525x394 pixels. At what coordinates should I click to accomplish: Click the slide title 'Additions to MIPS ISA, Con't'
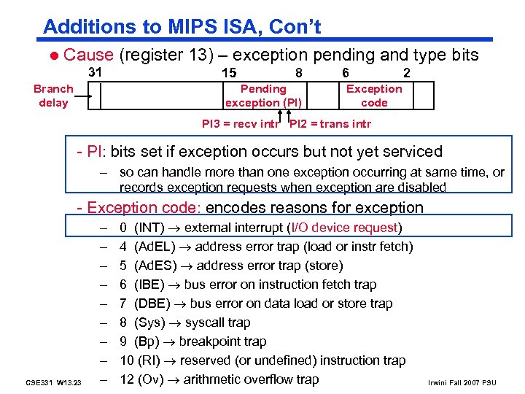pyautogui.click(x=182, y=27)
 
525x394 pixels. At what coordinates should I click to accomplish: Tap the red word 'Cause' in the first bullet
pyautogui.click(x=88, y=55)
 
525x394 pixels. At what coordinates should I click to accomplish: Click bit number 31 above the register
pyautogui.click(x=95, y=72)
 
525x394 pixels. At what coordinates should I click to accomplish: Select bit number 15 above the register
pyautogui.click(x=228, y=73)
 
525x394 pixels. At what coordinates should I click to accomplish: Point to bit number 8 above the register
pyautogui.click(x=299, y=73)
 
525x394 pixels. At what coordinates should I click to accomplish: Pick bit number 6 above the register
pyautogui.click(x=346, y=73)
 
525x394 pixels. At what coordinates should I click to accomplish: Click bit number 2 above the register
pyautogui.click(x=406, y=73)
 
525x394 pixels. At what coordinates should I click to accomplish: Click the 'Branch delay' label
pyautogui.click(x=53, y=96)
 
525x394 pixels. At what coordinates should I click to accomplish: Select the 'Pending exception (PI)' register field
pyautogui.click(x=263, y=96)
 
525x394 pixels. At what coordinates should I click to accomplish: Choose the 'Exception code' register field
pyautogui.click(x=374, y=96)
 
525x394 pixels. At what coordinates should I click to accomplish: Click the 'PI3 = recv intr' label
pyautogui.click(x=241, y=123)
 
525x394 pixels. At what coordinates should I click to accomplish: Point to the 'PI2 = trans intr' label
pyautogui.click(x=330, y=123)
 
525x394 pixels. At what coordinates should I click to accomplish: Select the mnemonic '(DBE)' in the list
pyautogui.click(x=151, y=304)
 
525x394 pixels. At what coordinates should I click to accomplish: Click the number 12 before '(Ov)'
pyautogui.click(x=126, y=379)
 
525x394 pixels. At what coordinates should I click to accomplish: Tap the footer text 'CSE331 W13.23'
pyautogui.click(x=53, y=382)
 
